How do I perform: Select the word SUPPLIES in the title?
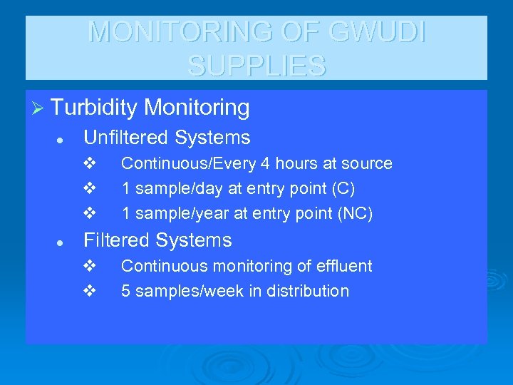point(257,66)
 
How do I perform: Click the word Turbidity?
point(94,108)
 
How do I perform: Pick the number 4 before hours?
point(264,163)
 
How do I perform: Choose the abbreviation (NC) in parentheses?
point(357,214)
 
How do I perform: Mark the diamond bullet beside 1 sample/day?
point(89,189)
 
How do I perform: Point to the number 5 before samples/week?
point(125,291)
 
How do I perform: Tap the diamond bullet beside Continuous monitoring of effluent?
point(89,266)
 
